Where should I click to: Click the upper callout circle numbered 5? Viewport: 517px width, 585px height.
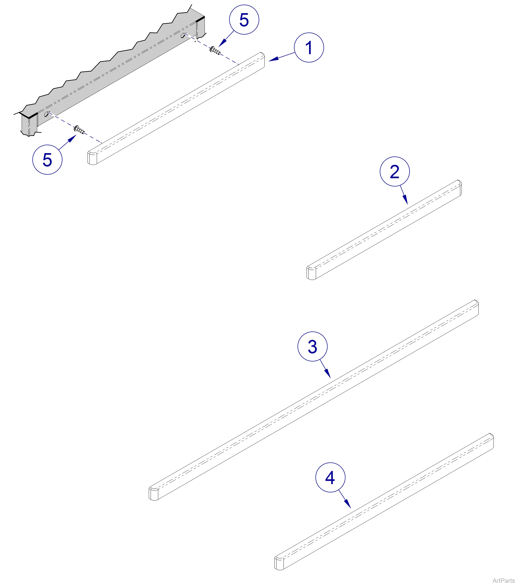244,20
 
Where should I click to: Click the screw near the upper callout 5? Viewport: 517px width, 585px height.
215,51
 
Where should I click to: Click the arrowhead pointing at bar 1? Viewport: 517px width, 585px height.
273,59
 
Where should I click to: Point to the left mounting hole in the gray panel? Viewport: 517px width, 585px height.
46,114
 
